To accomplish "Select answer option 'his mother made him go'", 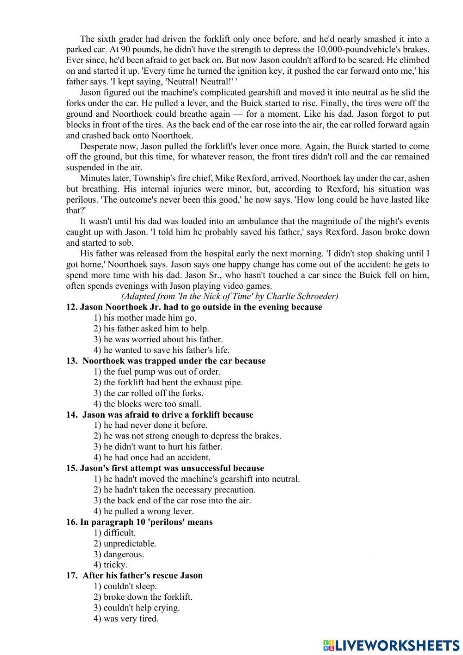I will (x=145, y=318).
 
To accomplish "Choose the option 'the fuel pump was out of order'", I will (x=157, y=371).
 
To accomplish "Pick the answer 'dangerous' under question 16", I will (x=119, y=554).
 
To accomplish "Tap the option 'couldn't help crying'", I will (x=137, y=607).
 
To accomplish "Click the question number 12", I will (x=72, y=307).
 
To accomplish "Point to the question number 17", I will (x=72, y=575).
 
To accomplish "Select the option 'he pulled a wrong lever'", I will (x=144, y=511).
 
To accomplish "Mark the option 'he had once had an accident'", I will (x=152, y=458).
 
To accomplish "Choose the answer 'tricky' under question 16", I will (x=110, y=565).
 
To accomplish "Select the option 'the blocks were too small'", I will (x=147, y=404).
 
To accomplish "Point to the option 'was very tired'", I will (x=126, y=618).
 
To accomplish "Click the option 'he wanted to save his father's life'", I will (x=162, y=350).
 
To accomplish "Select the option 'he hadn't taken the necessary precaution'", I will (x=175, y=490).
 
